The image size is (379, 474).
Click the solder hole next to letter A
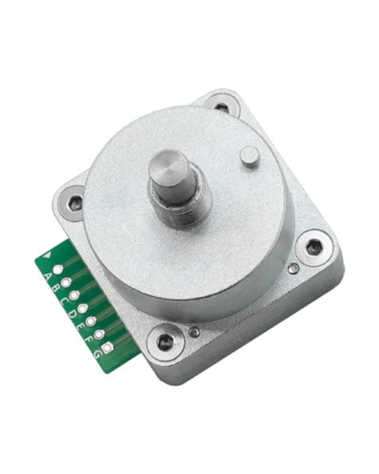click(58, 270)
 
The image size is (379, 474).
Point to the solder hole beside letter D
click(82, 307)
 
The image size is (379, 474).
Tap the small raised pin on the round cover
click(249, 155)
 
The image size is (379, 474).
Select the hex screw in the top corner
click(221, 105)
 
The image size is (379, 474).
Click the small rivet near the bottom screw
click(194, 331)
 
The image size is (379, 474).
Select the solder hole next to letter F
click(99, 331)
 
